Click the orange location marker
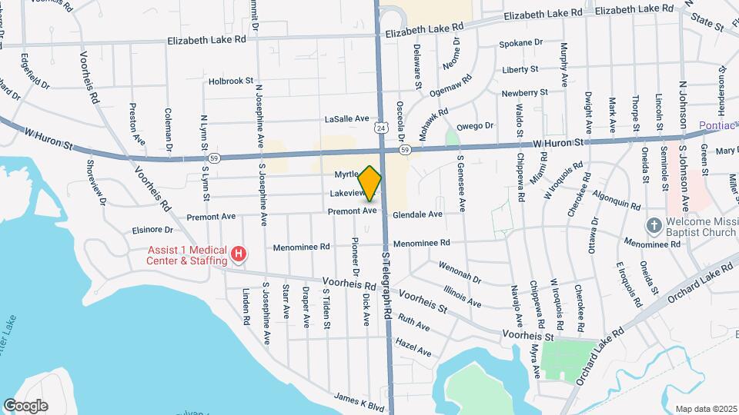(370, 183)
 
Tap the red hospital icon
(239, 254)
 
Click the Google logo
(25, 406)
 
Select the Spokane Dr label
(522, 45)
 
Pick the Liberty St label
(520, 69)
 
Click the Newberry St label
(524, 92)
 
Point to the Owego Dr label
(475, 126)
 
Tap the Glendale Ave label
(417, 214)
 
